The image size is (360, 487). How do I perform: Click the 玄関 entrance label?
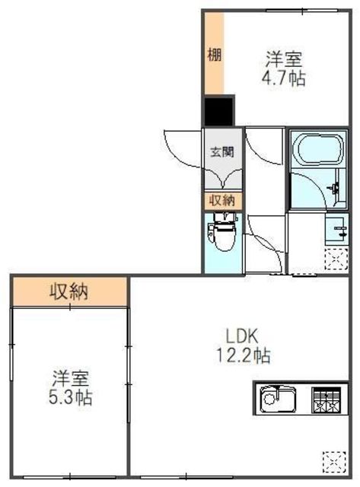[221, 152]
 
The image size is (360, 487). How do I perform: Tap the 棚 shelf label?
[215, 56]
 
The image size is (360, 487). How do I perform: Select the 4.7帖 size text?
[284, 78]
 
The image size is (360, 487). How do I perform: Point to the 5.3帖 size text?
[71, 397]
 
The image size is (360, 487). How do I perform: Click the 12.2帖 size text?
[244, 355]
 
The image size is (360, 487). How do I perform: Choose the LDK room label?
[242, 336]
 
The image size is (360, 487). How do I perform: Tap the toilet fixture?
[223, 231]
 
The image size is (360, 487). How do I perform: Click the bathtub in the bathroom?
[320, 148]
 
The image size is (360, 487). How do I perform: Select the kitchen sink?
[277, 398]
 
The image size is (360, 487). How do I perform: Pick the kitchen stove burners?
[327, 399]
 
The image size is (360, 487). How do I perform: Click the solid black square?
[218, 110]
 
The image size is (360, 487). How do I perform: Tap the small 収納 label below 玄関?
[222, 200]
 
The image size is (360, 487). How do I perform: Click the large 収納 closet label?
[69, 291]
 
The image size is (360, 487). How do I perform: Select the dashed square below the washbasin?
[336, 259]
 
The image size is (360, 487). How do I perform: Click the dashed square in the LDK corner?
[334, 463]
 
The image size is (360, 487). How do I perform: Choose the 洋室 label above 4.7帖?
[284, 59]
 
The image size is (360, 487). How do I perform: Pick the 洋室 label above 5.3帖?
[71, 378]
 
